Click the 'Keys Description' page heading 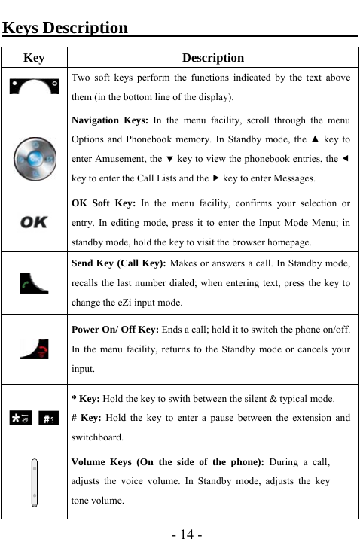[66, 29]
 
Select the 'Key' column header [34, 58]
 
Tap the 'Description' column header [213, 58]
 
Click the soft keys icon [34, 87]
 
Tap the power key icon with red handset [34, 349]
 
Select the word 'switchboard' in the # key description [97, 437]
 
